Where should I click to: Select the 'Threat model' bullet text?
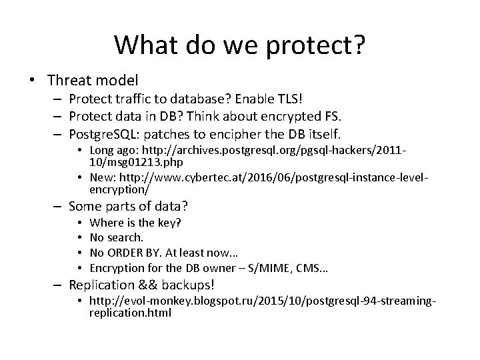click(93, 81)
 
